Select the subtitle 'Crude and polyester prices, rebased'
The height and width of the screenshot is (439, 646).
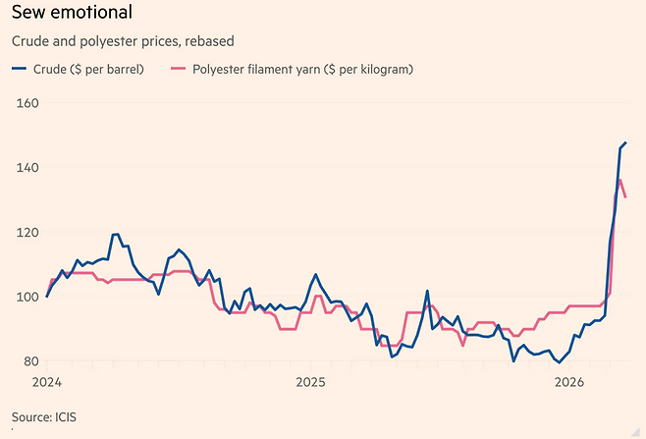click(122, 42)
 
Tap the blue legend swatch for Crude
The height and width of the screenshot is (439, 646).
click(19, 70)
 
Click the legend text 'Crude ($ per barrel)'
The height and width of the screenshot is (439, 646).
click(87, 70)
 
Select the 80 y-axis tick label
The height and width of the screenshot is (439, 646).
click(27, 361)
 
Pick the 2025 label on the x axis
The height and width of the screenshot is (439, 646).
click(310, 382)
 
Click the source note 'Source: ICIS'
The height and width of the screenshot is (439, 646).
click(43, 417)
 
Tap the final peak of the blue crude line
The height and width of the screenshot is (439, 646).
click(625, 143)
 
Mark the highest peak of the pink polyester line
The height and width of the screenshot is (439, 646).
click(619, 180)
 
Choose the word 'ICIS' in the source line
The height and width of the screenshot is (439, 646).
click(64, 417)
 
